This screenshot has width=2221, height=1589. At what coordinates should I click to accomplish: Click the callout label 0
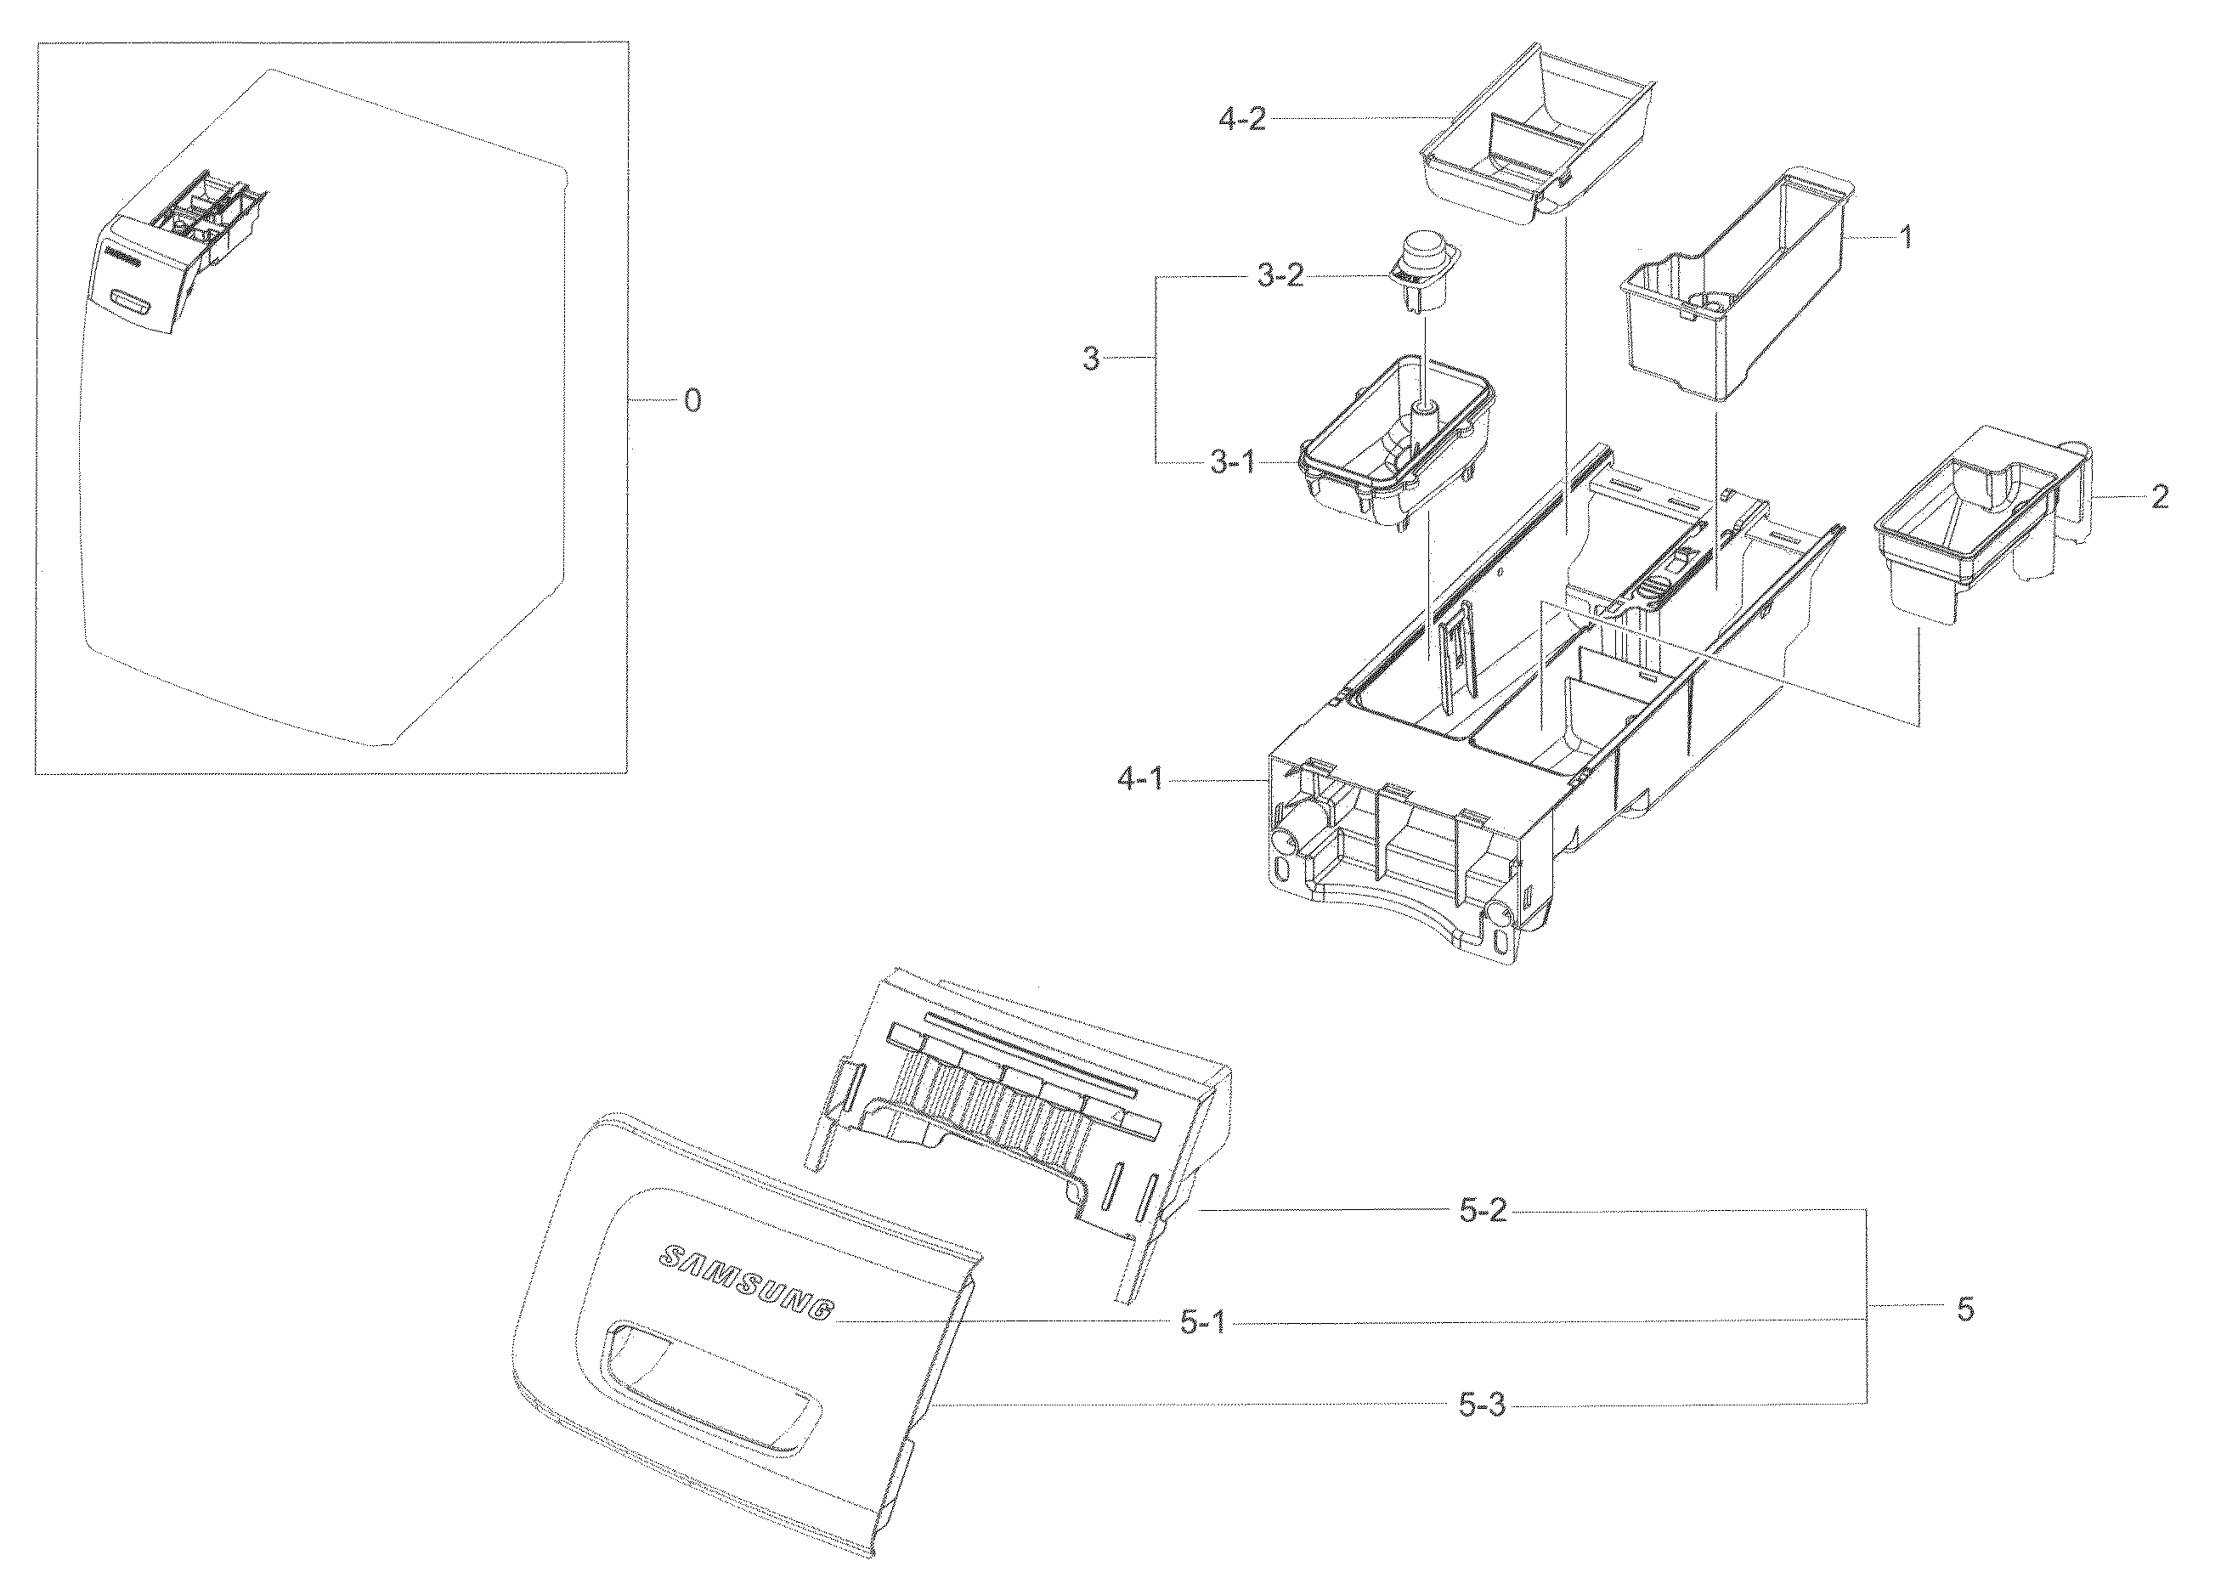(x=692, y=401)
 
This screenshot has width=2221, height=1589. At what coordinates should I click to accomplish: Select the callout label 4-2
(x=1242, y=122)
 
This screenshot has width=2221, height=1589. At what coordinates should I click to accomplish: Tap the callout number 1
(x=1905, y=238)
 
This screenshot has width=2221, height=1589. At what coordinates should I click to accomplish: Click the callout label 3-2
(x=1280, y=277)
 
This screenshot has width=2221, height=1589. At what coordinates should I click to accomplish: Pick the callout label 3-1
(x=1233, y=463)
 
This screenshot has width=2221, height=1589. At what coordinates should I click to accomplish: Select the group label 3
(x=1091, y=360)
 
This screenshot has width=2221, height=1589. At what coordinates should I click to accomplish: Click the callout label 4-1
(x=1141, y=781)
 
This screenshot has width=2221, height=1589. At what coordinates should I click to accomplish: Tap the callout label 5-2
(x=1483, y=1213)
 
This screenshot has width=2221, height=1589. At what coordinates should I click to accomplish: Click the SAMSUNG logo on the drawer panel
(x=749, y=1283)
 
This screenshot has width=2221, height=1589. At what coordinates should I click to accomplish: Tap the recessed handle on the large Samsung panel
(x=709, y=1380)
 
